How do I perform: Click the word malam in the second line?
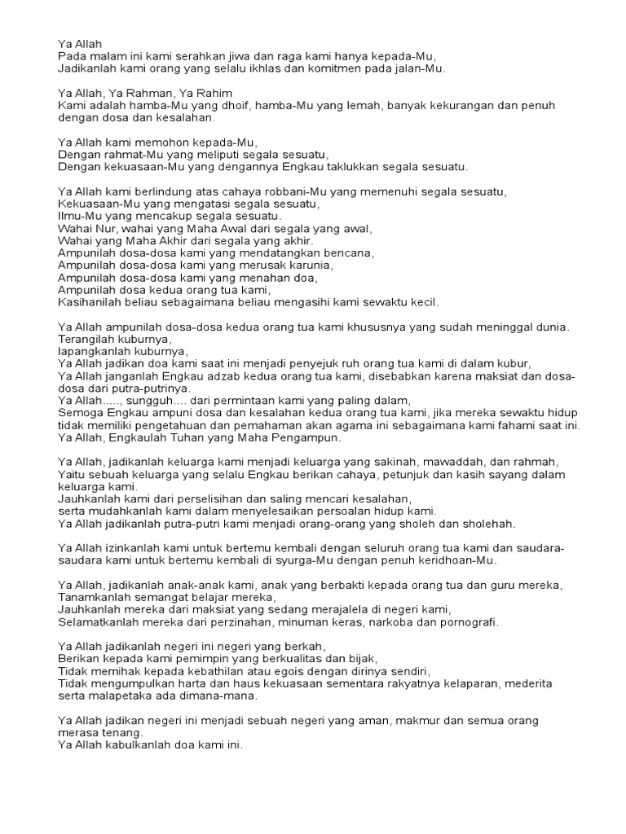(102, 56)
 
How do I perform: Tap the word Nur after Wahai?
(107, 228)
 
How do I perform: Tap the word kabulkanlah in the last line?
(134, 744)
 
